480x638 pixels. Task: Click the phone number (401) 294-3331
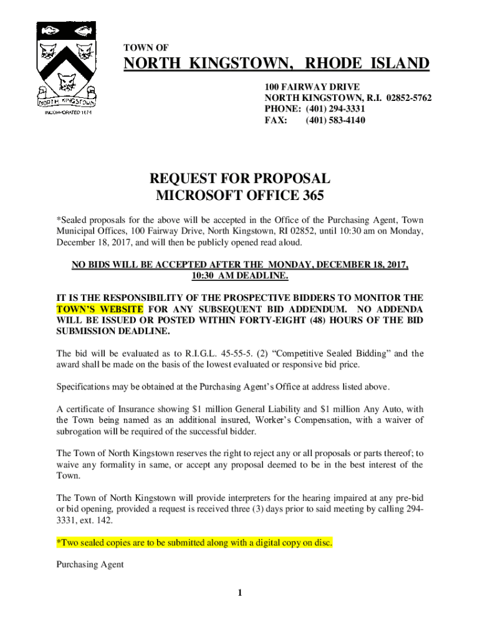(x=334, y=109)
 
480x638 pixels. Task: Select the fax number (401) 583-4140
(x=335, y=120)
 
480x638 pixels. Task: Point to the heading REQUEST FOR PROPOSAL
(x=240, y=179)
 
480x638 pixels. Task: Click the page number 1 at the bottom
(x=239, y=592)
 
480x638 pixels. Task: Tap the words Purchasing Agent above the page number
(x=90, y=564)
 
